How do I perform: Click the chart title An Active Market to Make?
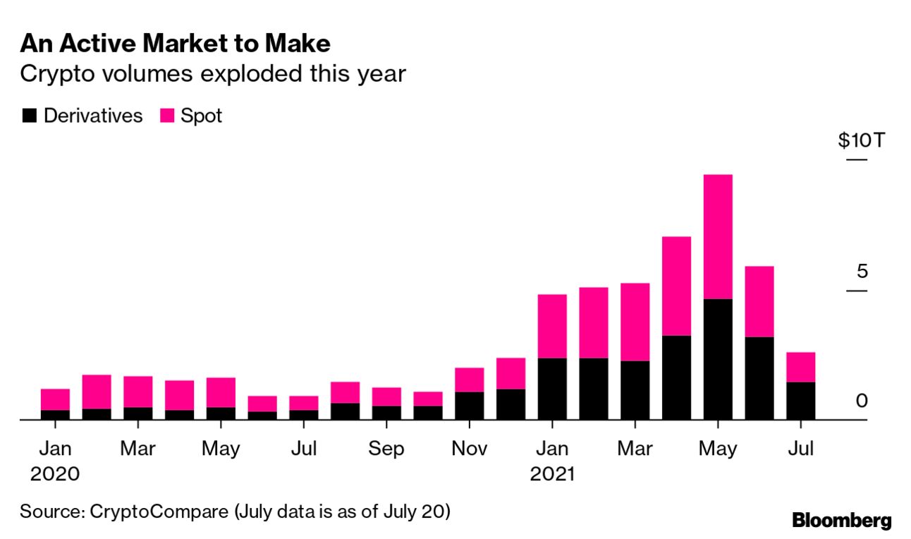(175, 44)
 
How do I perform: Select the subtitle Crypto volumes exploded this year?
(213, 73)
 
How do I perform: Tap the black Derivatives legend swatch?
(29, 116)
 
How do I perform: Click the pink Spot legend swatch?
(167, 116)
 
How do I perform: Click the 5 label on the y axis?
(862, 272)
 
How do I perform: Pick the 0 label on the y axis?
(862, 401)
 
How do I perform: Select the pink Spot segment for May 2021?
(718, 236)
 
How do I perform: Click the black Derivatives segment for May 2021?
(718, 359)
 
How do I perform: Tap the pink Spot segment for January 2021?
(552, 326)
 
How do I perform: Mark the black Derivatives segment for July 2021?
(800, 401)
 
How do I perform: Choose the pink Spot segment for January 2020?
(55, 399)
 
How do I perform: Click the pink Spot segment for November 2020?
(469, 380)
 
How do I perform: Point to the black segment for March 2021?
(635, 390)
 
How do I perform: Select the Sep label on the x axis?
(386, 449)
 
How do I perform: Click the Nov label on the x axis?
(469, 449)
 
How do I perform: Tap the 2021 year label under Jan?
(552, 474)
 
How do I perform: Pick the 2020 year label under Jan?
(55, 474)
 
